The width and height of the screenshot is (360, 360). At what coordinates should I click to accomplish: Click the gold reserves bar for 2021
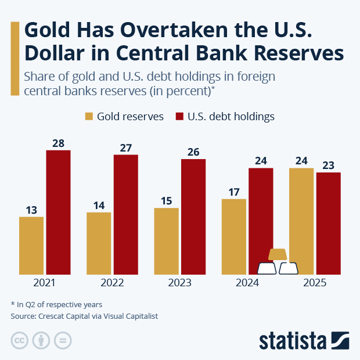point(31,245)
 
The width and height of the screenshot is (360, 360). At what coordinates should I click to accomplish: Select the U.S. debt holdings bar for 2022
point(125,214)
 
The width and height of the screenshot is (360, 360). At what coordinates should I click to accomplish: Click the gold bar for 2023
point(166,240)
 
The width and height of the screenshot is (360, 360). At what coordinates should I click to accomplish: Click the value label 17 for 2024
point(234,192)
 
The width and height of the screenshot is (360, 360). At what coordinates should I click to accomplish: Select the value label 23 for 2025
point(328,165)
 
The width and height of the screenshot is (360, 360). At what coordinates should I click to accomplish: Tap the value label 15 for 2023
point(166,201)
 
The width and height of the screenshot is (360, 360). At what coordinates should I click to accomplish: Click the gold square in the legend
point(89,116)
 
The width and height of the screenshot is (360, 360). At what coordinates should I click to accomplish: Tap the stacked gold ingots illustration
point(278,262)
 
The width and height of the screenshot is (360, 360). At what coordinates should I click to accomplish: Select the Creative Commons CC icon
point(20,340)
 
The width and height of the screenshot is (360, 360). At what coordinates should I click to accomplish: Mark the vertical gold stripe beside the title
point(15,58)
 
